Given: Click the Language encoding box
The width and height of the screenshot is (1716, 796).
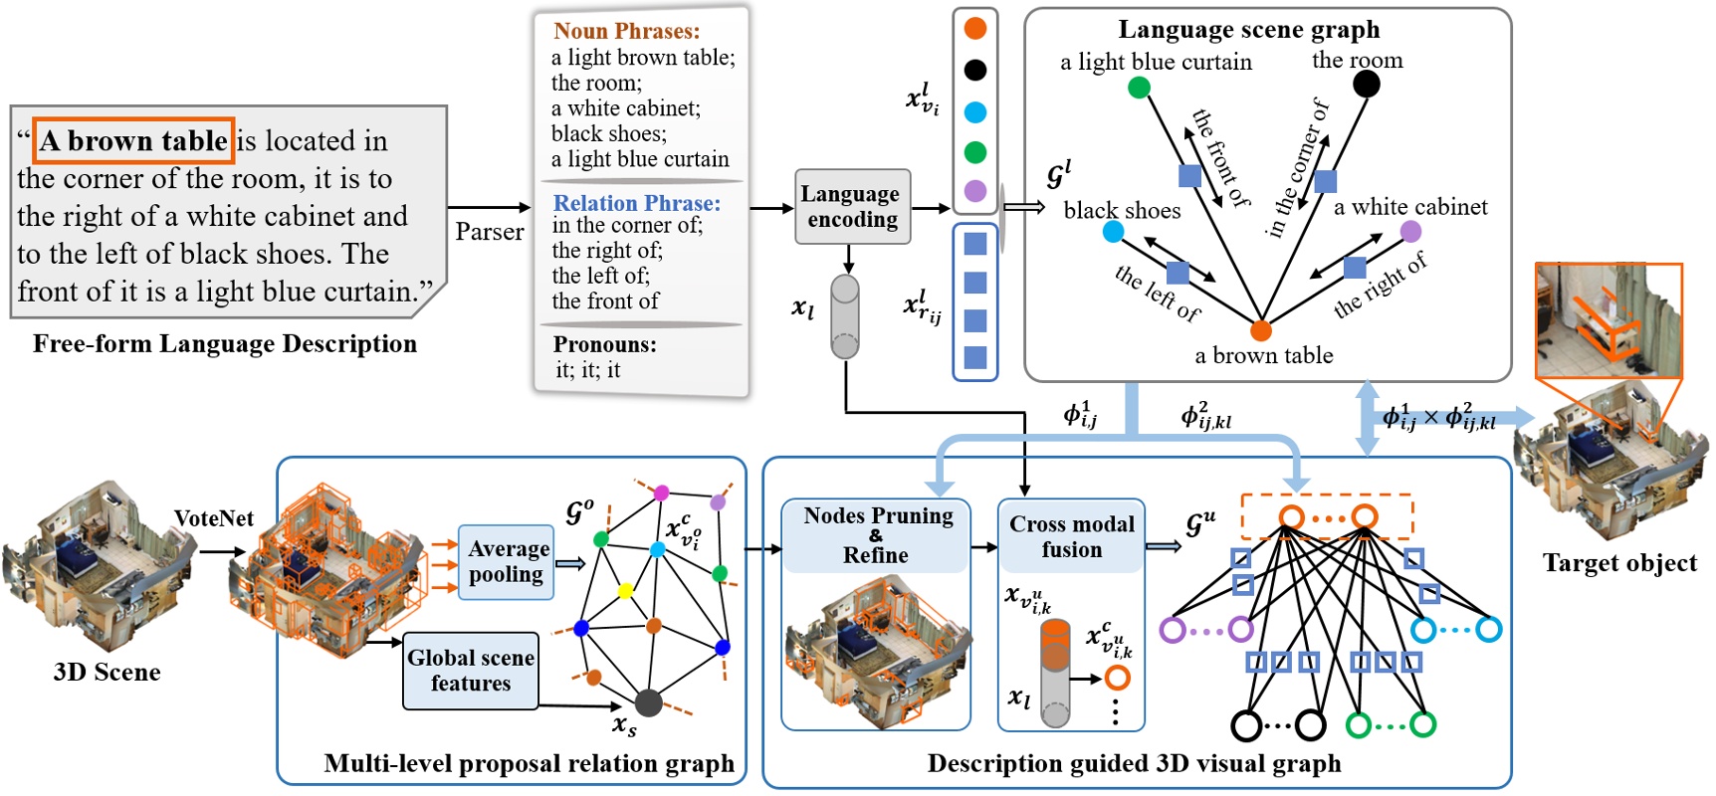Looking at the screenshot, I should click(852, 206).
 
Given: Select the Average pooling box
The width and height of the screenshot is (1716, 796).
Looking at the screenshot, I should click(506, 562).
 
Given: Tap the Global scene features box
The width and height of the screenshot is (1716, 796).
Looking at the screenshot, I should click(471, 671).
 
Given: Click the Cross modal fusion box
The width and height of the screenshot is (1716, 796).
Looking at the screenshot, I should click(1071, 537).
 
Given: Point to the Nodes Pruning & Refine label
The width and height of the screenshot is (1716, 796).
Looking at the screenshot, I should click(877, 535).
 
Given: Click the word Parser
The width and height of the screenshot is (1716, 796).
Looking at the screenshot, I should click(489, 232).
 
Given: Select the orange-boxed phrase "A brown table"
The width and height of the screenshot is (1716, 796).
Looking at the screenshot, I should click(133, 140).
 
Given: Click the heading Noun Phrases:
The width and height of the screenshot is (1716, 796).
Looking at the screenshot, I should click(626, 31).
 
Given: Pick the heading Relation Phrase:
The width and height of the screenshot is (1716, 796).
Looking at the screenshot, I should click(636, 203).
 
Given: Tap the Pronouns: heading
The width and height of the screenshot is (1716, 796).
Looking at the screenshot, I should click(604, 344).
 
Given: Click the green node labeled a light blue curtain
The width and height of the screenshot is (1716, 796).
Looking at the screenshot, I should click(1139, 88).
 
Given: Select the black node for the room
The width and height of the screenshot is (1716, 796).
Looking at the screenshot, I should click(1366, 84).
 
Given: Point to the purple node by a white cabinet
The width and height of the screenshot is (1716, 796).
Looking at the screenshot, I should click(1410, 232).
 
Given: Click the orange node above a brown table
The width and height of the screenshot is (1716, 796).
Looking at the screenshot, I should click(1260, 330).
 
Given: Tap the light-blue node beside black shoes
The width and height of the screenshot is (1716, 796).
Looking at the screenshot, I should click(1113, 232).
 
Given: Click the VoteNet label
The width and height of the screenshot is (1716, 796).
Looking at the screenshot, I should click(213, 518).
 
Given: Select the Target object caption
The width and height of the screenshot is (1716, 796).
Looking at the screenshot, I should click(1619, 563).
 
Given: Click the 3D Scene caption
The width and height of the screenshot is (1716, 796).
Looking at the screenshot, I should click(107, 672).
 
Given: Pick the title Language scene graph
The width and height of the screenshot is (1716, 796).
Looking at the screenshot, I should click(1248, 30).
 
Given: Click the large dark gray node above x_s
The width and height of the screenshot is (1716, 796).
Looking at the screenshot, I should click(648, 702).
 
